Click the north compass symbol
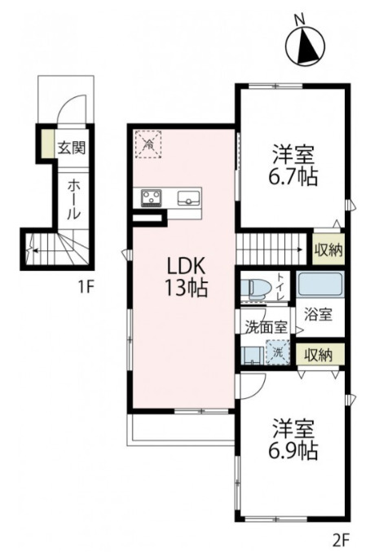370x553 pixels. coord(305,46)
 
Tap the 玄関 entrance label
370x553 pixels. coord(72,148)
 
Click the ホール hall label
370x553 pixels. coord(73,199)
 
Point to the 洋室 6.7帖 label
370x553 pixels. coord(293,165)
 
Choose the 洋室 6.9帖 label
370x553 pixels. coord(293,439)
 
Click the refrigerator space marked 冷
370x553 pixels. coord(148,144)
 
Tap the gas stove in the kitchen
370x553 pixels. coord(152,198)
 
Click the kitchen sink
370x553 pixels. coord(188,198)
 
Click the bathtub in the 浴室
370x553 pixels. coord(320,284)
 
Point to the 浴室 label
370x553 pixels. coord(318,315)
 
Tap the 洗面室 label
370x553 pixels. coord(266,328)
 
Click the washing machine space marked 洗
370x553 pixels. coord(278,352)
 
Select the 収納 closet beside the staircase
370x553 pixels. coord(328,250)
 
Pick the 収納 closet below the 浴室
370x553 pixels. coord(319,355)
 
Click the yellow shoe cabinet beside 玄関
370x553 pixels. coord(47,144)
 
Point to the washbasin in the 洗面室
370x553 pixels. coord(252,355)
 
